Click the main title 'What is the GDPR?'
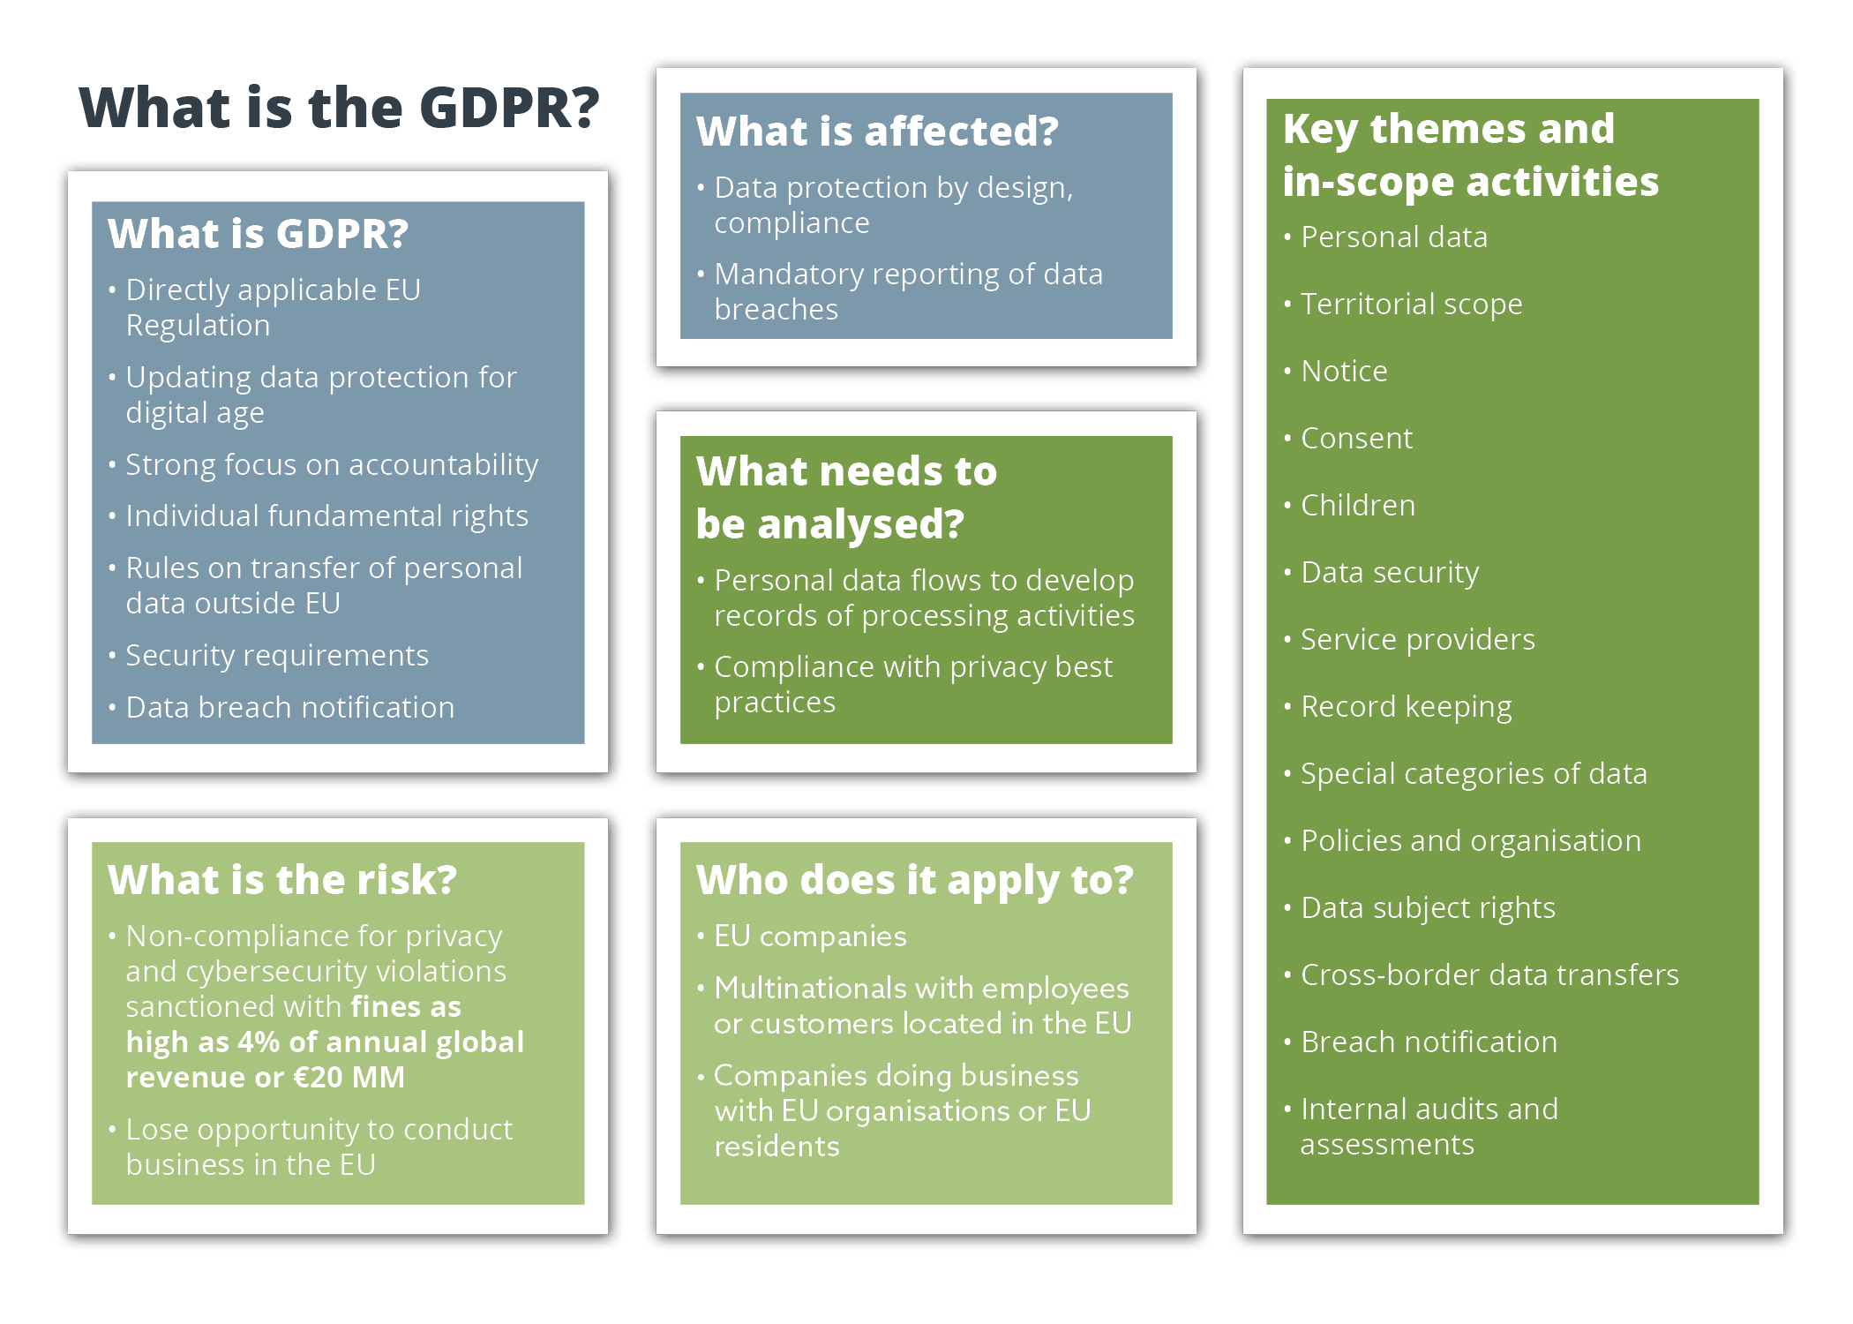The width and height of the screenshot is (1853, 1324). click(339, 108)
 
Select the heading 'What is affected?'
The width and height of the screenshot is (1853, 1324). click(877, 132)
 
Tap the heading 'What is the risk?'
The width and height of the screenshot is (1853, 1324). click(282, 880)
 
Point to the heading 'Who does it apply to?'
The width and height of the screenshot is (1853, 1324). click(914, 880)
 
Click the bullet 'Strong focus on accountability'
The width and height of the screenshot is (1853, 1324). click(332, 464)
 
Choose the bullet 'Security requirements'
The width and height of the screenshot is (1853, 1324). click(277, 655)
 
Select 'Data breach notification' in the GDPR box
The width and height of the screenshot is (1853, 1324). click(289, 707)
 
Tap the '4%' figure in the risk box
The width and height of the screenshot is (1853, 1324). click(259, 1042)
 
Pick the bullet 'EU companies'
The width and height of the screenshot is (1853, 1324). click(810, 936)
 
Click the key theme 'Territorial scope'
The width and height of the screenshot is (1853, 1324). click(1411, 304)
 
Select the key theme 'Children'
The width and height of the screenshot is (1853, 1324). click(1357, 505)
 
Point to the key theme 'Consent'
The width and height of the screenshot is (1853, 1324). click(1356, 438)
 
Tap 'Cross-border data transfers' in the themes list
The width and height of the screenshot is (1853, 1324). click(1489, 974)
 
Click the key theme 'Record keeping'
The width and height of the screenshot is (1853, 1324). click(1406, 706)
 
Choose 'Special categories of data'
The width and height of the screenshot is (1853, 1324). click(1474, 773)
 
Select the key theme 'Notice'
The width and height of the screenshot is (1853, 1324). click(1344, 371)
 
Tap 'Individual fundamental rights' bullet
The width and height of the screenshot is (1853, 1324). click(326, 515)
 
